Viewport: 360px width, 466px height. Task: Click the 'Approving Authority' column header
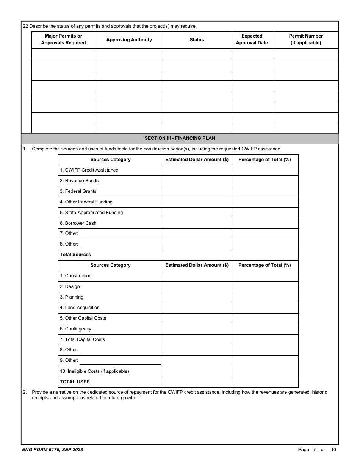(x=129, y=40)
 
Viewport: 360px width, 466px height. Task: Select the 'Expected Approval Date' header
(x=252, y=39)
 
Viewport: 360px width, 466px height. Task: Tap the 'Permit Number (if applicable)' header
(x=306, y=39)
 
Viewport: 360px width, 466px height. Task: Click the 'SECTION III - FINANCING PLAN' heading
(x=180, y=138)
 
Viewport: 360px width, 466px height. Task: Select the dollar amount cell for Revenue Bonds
(x=197, y=181)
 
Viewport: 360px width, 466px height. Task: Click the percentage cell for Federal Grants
(x=265, y=191)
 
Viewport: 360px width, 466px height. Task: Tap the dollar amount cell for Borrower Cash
(x=197, y=223)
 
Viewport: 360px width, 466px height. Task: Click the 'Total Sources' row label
(x=75, y=255)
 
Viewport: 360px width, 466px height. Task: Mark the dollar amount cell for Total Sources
(x=197, y=255)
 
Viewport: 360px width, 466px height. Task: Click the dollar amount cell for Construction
(x=197, y=276)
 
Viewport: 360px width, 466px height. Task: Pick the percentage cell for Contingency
(x=265, y=329)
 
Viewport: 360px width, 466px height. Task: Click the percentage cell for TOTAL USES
(x=265, y=382)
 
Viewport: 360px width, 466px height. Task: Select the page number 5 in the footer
(x=315, y=450)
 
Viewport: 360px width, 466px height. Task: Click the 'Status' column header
(x=197, y=40)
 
